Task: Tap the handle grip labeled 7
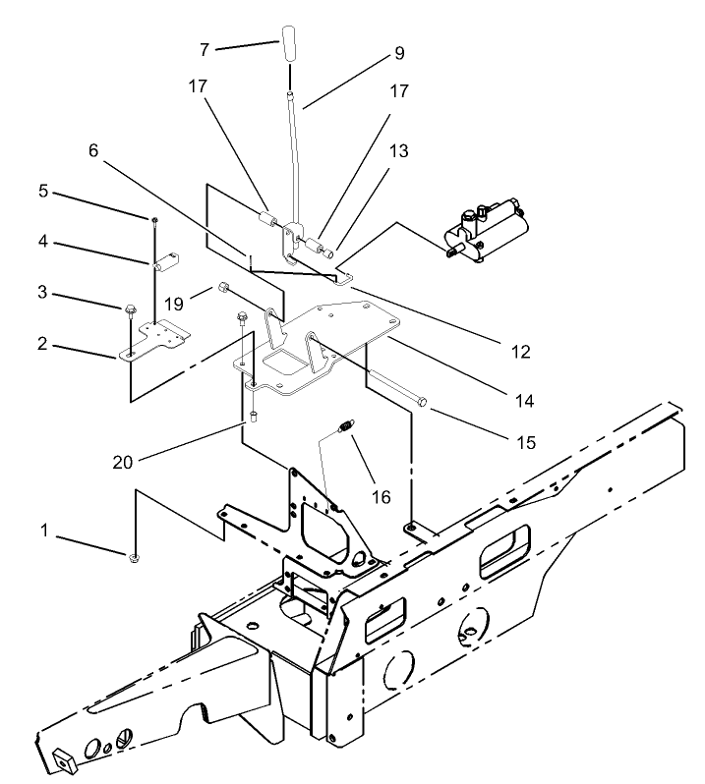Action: click(x=291, y=45)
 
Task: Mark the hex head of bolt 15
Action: click(x=422, y=402)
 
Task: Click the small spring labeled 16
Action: click(x=345, y=426)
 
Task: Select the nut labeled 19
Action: click(x=224, y=289)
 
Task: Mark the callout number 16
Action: click(x=380, y=498)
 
